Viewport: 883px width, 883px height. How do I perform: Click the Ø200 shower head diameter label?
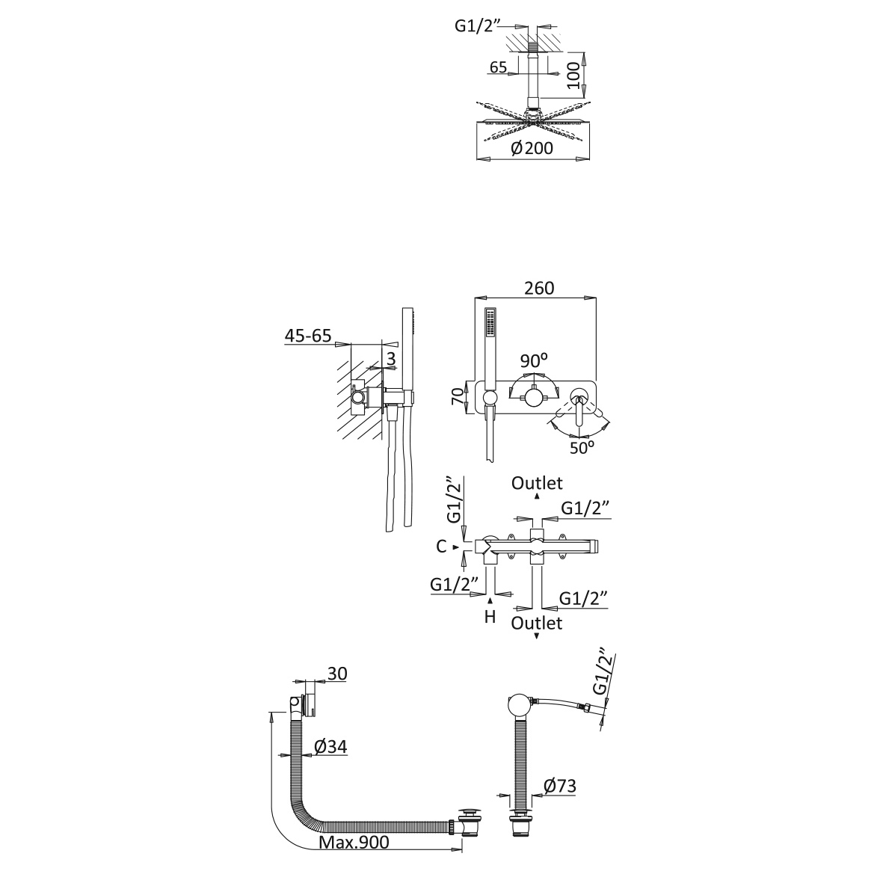(532, 148)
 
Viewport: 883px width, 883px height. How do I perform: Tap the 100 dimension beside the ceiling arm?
(574, 74)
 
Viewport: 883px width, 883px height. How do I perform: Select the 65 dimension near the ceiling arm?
(498, 67)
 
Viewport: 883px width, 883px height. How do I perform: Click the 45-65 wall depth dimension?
(307, 336)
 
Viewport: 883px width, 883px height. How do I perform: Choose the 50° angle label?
(581, 448)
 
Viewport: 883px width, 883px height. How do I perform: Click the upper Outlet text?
(537, 483)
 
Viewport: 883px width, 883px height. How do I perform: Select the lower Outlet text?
(537, 622)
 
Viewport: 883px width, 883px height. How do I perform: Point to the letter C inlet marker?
(442, 547)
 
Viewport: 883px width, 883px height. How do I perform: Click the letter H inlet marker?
(490, 617)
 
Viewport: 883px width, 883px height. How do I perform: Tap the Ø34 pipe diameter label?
(329, 746)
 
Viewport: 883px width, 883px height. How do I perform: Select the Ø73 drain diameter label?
(559, 786)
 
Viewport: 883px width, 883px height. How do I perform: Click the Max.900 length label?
(354, 843)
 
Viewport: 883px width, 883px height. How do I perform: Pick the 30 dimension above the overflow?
(337, 674)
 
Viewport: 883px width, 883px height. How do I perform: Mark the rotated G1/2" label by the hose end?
(603, 674)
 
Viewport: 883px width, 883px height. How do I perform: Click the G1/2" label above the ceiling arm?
(479, 26)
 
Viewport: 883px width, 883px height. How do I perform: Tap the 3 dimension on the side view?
(390, 360)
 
